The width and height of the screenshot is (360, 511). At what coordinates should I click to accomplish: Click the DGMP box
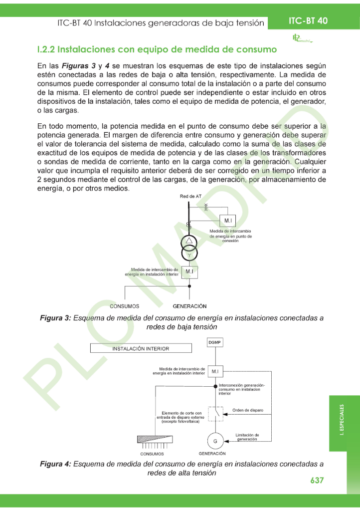click(215, 342)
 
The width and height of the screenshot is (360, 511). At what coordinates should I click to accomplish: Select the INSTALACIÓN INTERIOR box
click(141, 348)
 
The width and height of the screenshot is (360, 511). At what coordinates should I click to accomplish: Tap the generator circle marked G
click(215, 441)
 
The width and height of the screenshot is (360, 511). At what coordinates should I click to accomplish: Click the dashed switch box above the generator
click(215, 413)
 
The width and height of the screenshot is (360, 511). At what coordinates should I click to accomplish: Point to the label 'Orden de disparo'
click(248, 410)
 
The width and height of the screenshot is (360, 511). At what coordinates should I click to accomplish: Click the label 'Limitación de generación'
click(247, 437)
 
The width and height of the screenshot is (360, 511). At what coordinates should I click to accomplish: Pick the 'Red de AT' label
click(190, 197)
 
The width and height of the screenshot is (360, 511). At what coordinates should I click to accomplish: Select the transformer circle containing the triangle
click(189, 242)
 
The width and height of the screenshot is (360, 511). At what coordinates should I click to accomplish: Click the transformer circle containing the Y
click(189, 254)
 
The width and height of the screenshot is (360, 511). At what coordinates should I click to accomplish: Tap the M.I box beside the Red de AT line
click(228, 221)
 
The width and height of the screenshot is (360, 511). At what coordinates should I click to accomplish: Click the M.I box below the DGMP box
click(215, 372)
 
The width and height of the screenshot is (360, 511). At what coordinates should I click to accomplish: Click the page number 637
click(317, 480)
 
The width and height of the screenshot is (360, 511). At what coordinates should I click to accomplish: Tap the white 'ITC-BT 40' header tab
click(308, 20)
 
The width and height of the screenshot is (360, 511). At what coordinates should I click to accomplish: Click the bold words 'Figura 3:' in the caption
click(55, 318)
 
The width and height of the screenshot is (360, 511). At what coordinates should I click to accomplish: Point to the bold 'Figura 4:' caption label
click(55, 464)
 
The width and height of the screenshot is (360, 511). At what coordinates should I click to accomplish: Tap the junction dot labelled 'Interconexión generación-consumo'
click(215, 386)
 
